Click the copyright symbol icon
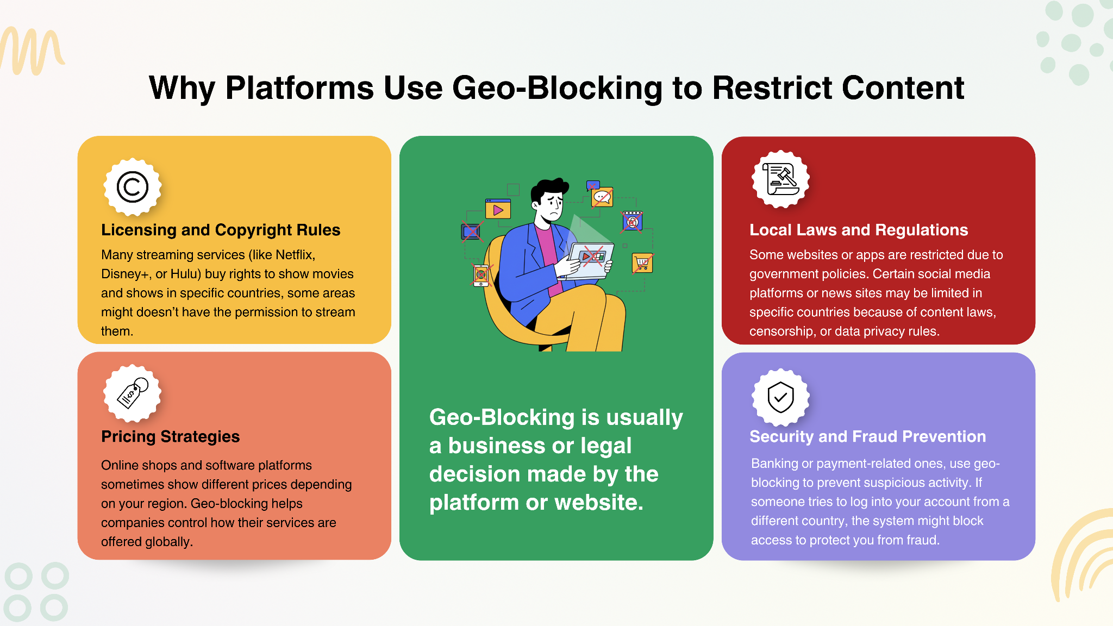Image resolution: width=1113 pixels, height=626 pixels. (133, 187)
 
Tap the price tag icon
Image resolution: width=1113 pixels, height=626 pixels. (133, 393)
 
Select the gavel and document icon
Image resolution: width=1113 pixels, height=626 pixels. (781, 179)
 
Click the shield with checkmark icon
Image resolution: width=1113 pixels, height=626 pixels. (781, 397)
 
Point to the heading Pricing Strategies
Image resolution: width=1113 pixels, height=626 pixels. (170, 436)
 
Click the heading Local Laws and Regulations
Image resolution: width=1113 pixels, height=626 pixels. (859, 230)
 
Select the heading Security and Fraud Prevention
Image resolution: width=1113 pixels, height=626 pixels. (867, 436)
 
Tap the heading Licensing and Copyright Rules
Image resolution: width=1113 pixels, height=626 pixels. (221, 230)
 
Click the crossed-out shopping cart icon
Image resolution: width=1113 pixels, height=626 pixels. (642, 264)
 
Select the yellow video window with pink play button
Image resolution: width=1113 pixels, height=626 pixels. (498, 209)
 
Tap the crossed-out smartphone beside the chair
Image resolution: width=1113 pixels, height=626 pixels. (481, 275)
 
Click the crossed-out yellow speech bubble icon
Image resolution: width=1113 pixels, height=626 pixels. (602, 197)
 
